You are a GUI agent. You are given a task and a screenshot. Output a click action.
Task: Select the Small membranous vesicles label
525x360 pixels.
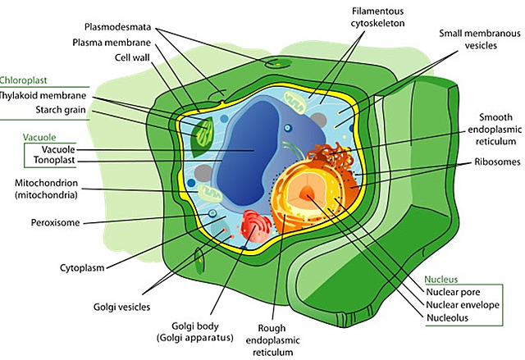tap(479, 39)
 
